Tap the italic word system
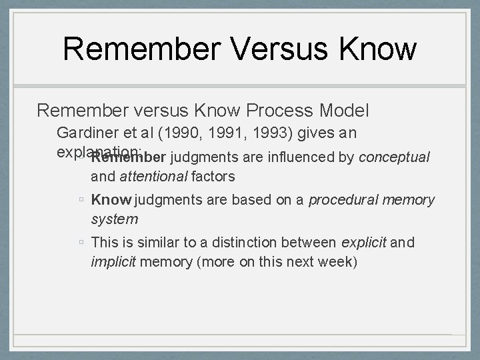coord(114,218)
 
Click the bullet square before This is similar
coord(80,243)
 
